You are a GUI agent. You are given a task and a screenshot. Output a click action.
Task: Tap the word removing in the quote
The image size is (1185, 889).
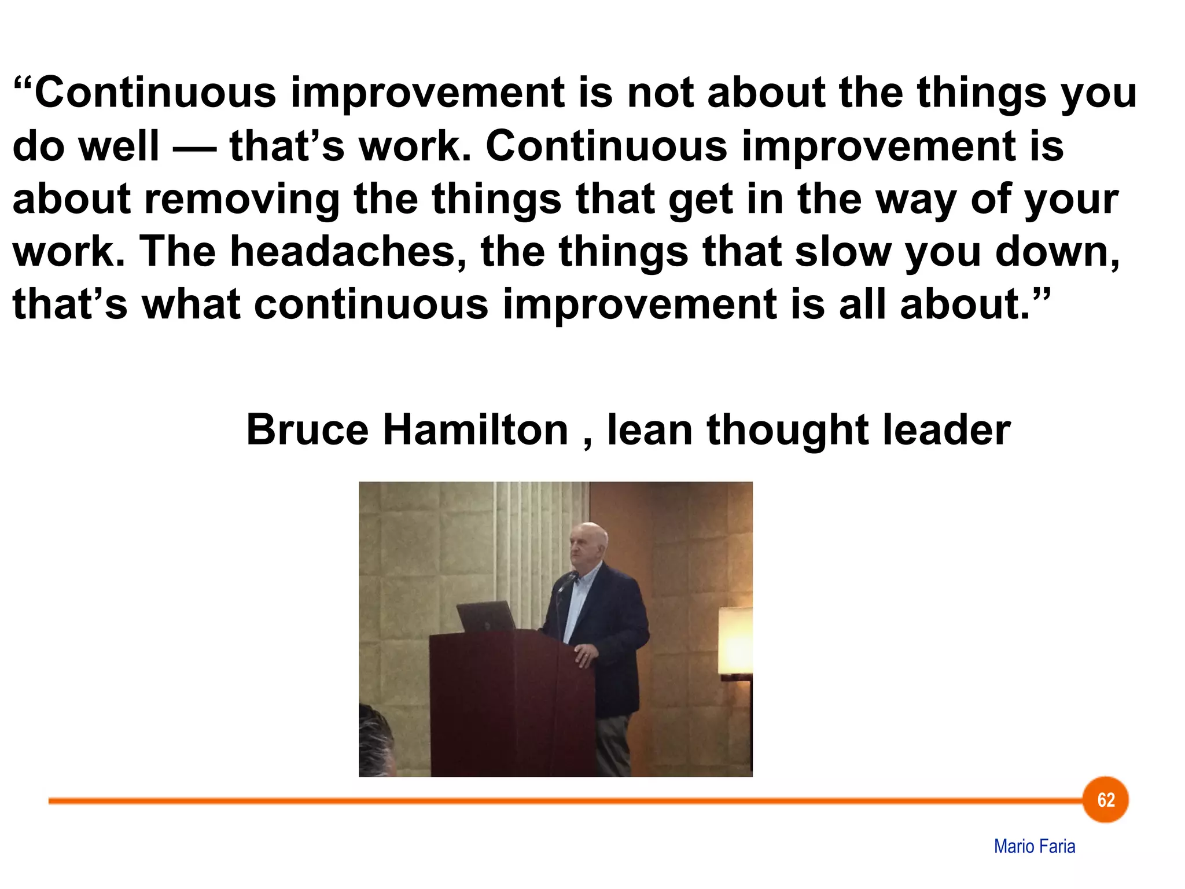tap(242, 199)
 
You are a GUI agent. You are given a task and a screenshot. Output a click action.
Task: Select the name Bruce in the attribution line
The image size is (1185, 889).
tap(307, 430)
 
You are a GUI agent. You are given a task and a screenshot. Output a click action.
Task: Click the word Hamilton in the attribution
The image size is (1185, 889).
tap(476, 430)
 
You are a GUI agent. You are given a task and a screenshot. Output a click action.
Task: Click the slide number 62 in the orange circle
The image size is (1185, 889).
tap(1106, 800)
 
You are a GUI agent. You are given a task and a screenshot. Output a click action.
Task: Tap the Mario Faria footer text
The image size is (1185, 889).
tap(1035, 846)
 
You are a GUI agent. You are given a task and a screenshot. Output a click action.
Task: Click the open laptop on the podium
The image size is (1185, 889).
tap(487, 616)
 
